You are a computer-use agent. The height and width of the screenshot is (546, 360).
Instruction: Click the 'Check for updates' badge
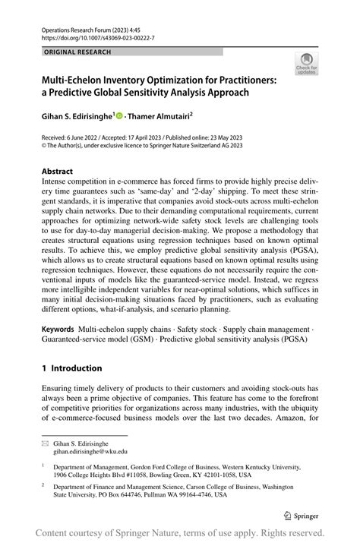(308, 63)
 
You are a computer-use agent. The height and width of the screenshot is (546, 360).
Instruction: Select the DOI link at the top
(90, 36)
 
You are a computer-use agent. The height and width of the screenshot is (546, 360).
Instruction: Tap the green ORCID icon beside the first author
(120, 116)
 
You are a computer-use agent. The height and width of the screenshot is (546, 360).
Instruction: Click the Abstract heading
(58, 172)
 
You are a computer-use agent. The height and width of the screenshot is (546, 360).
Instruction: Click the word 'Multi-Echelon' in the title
(76, 78)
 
